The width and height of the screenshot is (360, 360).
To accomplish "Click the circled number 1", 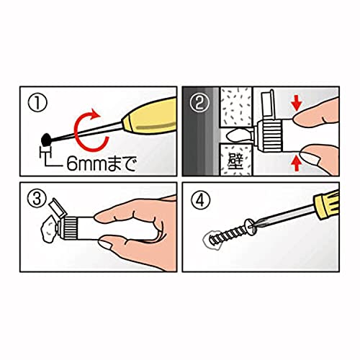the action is [37, 102].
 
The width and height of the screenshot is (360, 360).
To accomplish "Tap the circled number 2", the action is [199, 103].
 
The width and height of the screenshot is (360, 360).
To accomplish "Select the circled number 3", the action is [37, 198].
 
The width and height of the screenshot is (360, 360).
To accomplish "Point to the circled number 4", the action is [201, 200].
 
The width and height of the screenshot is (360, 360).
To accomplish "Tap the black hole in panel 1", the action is [45, 139].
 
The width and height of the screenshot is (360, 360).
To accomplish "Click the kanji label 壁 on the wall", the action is [235, 161].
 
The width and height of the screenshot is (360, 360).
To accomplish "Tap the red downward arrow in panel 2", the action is [297, 104].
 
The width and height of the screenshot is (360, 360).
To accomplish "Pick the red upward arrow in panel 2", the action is [297, 163].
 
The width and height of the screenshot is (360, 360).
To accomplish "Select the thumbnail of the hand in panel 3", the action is [105, 245].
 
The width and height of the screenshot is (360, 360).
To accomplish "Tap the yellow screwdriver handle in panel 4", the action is [327, 204].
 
